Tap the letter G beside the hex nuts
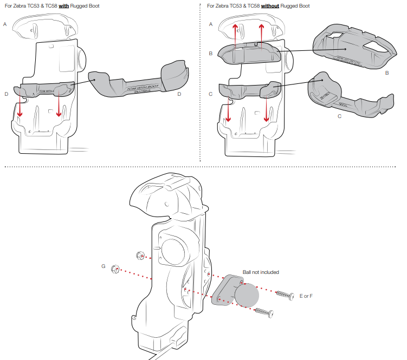(x=103, y=266)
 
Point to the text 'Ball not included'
(x=261, y=272)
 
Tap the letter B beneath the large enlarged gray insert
(x=386, y=72)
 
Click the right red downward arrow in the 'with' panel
(x=58, y=106)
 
